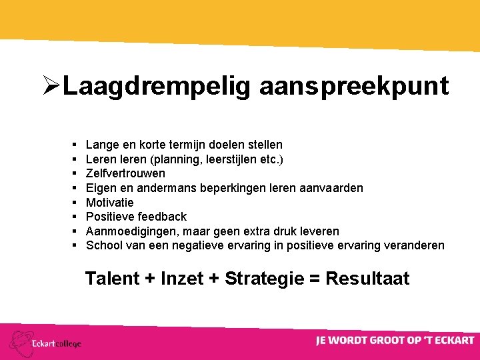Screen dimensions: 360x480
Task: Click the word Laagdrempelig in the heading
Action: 157,87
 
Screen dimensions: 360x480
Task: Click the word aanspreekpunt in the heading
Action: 354,87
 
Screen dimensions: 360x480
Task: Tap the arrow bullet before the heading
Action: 51,87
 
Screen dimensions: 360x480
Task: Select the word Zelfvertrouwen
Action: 126,173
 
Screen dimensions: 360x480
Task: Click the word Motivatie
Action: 110,202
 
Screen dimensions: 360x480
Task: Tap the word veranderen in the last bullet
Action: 414,245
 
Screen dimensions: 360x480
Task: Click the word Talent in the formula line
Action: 111,279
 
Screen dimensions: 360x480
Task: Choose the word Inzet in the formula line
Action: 182,279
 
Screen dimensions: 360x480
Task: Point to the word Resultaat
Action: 367,279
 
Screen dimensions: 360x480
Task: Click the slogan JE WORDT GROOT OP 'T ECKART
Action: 395,341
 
